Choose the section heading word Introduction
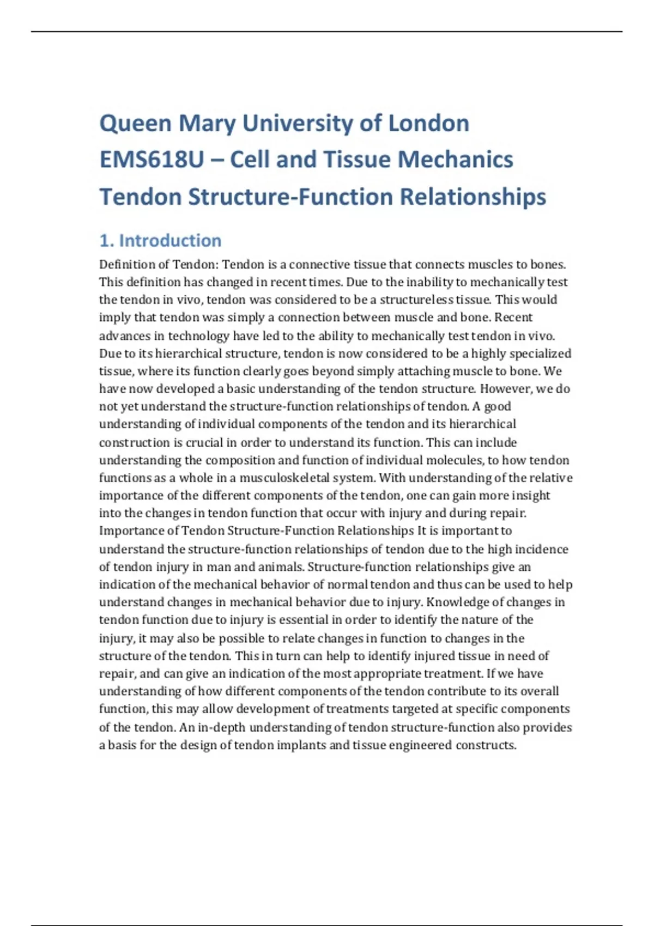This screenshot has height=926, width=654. [170, 240]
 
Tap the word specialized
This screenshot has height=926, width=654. [540, 354]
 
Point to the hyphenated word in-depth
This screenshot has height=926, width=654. [222, 727]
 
